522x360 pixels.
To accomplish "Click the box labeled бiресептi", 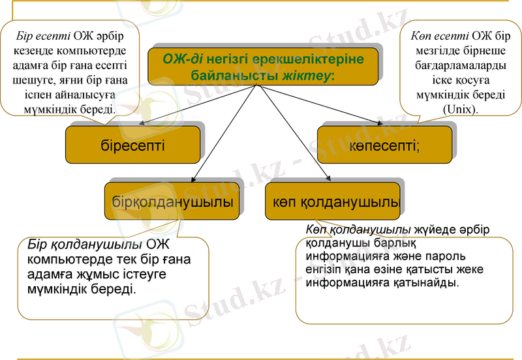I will click(x=132, y=144).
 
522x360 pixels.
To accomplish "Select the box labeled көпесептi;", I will click(x=384, y=144).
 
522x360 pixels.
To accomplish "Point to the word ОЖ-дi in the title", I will click(x=184, y=59).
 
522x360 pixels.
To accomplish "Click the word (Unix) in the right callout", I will click(x=460, y=110).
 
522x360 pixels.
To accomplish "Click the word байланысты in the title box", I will click(x=223, y=75).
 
